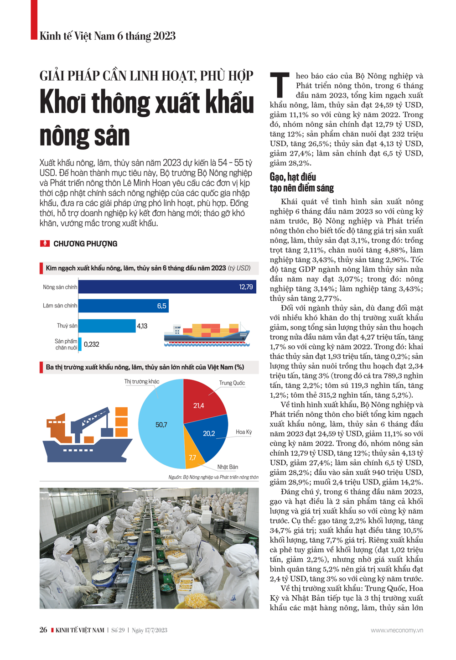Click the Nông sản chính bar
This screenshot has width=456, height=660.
tap(167, 287)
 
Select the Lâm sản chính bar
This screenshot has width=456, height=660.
tap(123, 306)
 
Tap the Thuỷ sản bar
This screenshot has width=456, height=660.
tap(107, 326)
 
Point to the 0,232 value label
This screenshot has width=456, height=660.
tap(92, 344)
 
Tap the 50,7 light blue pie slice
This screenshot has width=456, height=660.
tap(160, 425)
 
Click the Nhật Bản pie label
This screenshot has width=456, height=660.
tap(228, 467)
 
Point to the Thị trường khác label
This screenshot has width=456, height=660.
tap(142, 382)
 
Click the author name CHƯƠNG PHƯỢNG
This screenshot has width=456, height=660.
tap(85, 244)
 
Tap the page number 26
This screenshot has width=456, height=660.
tap(43, 630)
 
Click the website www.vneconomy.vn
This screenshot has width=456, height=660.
tap(397, 630)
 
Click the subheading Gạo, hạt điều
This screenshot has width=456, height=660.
tap(293, 177)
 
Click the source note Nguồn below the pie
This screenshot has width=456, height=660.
tap(213, 477)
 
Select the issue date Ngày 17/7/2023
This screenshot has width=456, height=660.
tap(150, 630)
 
